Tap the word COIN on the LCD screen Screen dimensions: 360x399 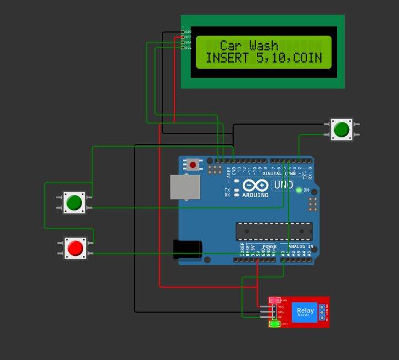308,58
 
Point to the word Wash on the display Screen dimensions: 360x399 264,45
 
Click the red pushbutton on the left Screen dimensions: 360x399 74,248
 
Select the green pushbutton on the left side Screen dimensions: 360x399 73,203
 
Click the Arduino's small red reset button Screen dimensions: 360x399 193,164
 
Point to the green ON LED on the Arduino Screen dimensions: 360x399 299,191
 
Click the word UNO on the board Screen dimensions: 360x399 284,184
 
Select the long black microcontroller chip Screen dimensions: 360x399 274,231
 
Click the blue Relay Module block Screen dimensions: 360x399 305,312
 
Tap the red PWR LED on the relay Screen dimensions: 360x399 273,300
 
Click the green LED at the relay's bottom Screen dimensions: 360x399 274,324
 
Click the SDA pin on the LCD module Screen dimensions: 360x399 182,42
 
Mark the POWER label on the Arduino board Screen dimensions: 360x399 269,246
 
